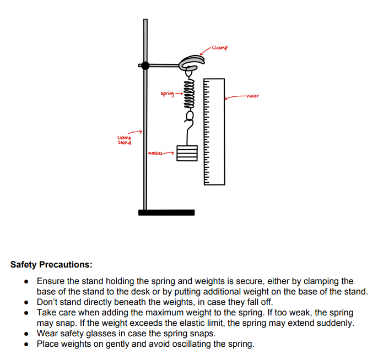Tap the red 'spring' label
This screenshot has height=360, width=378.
tap(167, 93)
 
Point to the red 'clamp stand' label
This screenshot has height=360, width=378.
tap(125, 140)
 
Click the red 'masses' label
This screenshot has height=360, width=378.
tap(155, 152)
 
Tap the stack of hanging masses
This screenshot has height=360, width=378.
tap(187, 153)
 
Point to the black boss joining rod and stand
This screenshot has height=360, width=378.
tap(145, 66)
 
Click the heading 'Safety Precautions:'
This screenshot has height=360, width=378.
tap(51, 265)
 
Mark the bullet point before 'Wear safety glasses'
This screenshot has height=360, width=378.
tap(26, 334)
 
